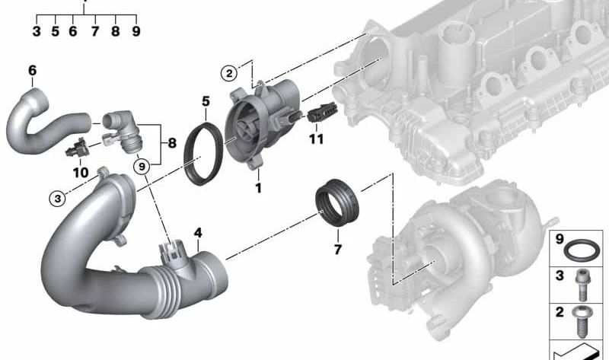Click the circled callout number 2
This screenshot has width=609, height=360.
pos(229,73)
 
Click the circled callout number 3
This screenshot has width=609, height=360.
pos(58,199)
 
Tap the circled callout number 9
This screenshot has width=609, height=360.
pos(142,167)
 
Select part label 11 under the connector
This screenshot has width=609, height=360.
pos(316,139)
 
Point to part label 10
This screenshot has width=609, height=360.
pos(81,173)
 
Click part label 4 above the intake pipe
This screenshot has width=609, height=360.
pos(198,233)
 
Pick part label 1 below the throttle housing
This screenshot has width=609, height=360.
pos(258,188)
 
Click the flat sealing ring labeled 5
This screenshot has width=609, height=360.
pos(203,154)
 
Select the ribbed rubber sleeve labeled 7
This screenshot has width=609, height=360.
pos(336,202)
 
